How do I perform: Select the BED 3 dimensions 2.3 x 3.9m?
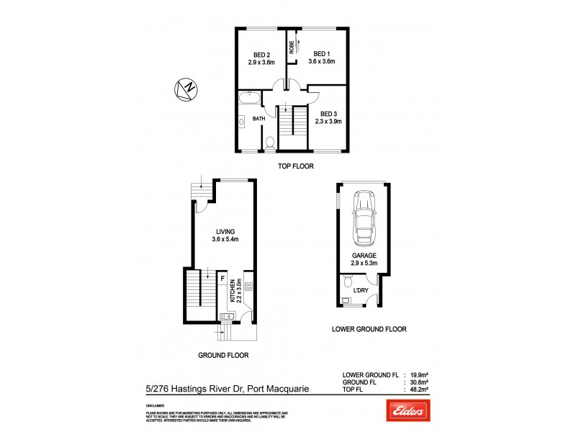328,122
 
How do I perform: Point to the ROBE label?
292,48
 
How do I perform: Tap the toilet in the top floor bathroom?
269,143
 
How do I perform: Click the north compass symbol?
186,89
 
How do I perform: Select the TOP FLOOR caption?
296,166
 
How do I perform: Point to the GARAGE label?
363,256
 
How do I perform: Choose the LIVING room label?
225,231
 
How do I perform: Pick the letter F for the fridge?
223,277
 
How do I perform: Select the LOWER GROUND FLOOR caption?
369,329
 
